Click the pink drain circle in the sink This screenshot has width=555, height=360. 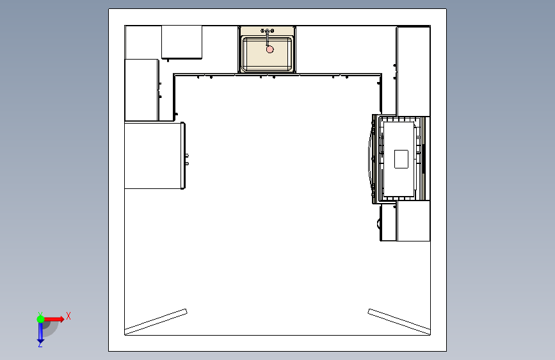click(269, 49)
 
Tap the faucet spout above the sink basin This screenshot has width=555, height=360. click(268, 38)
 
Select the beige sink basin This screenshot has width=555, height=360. click(267, 54)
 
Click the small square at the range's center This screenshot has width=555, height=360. click(401, 159)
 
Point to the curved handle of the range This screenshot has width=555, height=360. click(369, 159)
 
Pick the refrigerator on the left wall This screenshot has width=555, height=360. click(155, 156)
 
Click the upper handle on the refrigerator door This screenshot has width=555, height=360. click(187, 156)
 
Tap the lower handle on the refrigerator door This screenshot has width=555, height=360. click(187, 164)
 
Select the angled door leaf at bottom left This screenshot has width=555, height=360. click(156, 322)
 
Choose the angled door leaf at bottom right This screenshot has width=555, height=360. click(399, 322)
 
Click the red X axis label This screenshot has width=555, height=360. click(68, 316)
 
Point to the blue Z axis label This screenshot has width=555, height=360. click(40, 344)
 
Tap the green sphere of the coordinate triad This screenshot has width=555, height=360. click(41, 319)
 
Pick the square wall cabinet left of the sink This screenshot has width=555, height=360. click(182, 42)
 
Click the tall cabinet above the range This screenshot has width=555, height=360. click(414, 71)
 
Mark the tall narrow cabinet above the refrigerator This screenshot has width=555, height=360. click(141, 90)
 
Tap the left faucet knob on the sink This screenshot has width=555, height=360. click(262, 31)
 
